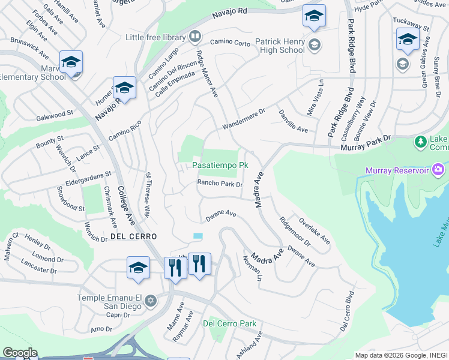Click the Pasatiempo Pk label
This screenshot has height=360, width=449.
click(220, 165)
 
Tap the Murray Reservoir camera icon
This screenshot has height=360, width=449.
click(439, 169)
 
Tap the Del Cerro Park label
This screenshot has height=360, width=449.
click(229, 323)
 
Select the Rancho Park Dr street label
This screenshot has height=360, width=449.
click(220, 184)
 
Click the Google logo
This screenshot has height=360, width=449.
click(20, 352)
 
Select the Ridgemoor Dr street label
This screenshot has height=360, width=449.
click(295, 231)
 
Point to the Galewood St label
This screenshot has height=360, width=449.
click(55, 112)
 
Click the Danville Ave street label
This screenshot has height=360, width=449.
click(293, 121)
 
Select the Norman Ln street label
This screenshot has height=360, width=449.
click(252, 268)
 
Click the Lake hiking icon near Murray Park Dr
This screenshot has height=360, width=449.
click(421, 142)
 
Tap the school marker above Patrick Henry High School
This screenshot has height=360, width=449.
click(313, 17)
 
